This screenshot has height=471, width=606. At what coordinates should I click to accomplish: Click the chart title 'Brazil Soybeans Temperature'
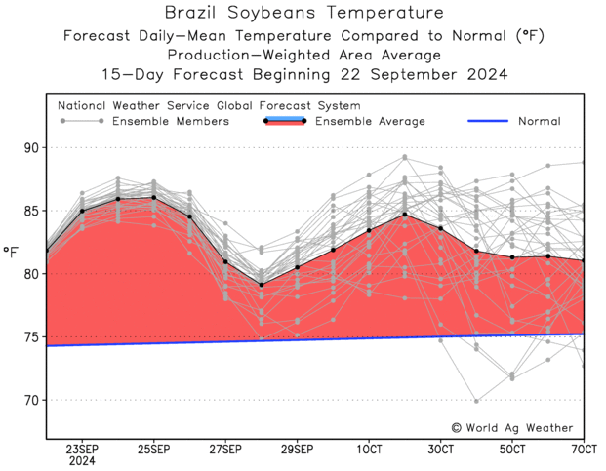point(303,14)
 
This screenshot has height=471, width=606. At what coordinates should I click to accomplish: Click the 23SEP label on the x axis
point(82,450)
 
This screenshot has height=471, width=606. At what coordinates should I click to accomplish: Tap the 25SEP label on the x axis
point(153,450)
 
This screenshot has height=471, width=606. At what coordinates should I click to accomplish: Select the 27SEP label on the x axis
point(225,450)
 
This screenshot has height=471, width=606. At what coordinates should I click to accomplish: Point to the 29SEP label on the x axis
point(297,450)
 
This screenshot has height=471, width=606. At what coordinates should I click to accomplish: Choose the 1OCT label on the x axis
point(369,450)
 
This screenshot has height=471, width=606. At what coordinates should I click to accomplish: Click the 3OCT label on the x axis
point(440,450)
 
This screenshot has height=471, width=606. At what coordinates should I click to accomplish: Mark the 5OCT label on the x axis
point(512,450)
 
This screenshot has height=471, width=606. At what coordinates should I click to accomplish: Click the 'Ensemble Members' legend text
point(170,122)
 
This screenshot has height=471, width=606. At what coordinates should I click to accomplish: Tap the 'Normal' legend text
point(539,122)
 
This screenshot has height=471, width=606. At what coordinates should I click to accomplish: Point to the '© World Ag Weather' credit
point(512,427)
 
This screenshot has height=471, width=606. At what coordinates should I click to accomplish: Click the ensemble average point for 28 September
point(262,285)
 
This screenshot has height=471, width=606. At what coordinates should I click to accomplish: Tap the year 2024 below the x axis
point(82,462)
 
